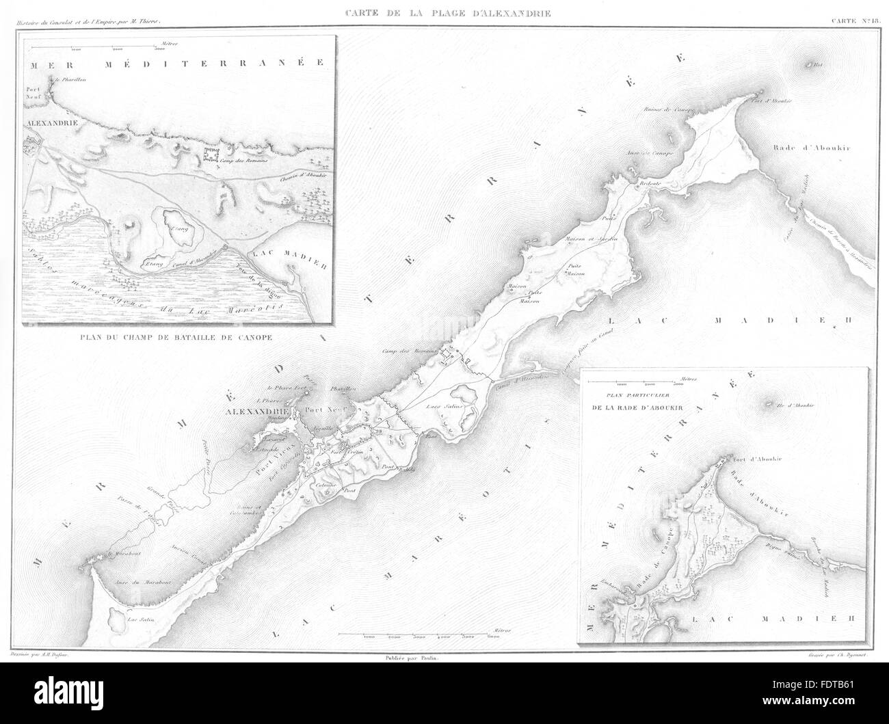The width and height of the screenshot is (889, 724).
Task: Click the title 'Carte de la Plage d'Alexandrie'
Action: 444,13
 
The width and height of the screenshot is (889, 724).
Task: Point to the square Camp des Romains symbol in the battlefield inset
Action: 213,156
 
